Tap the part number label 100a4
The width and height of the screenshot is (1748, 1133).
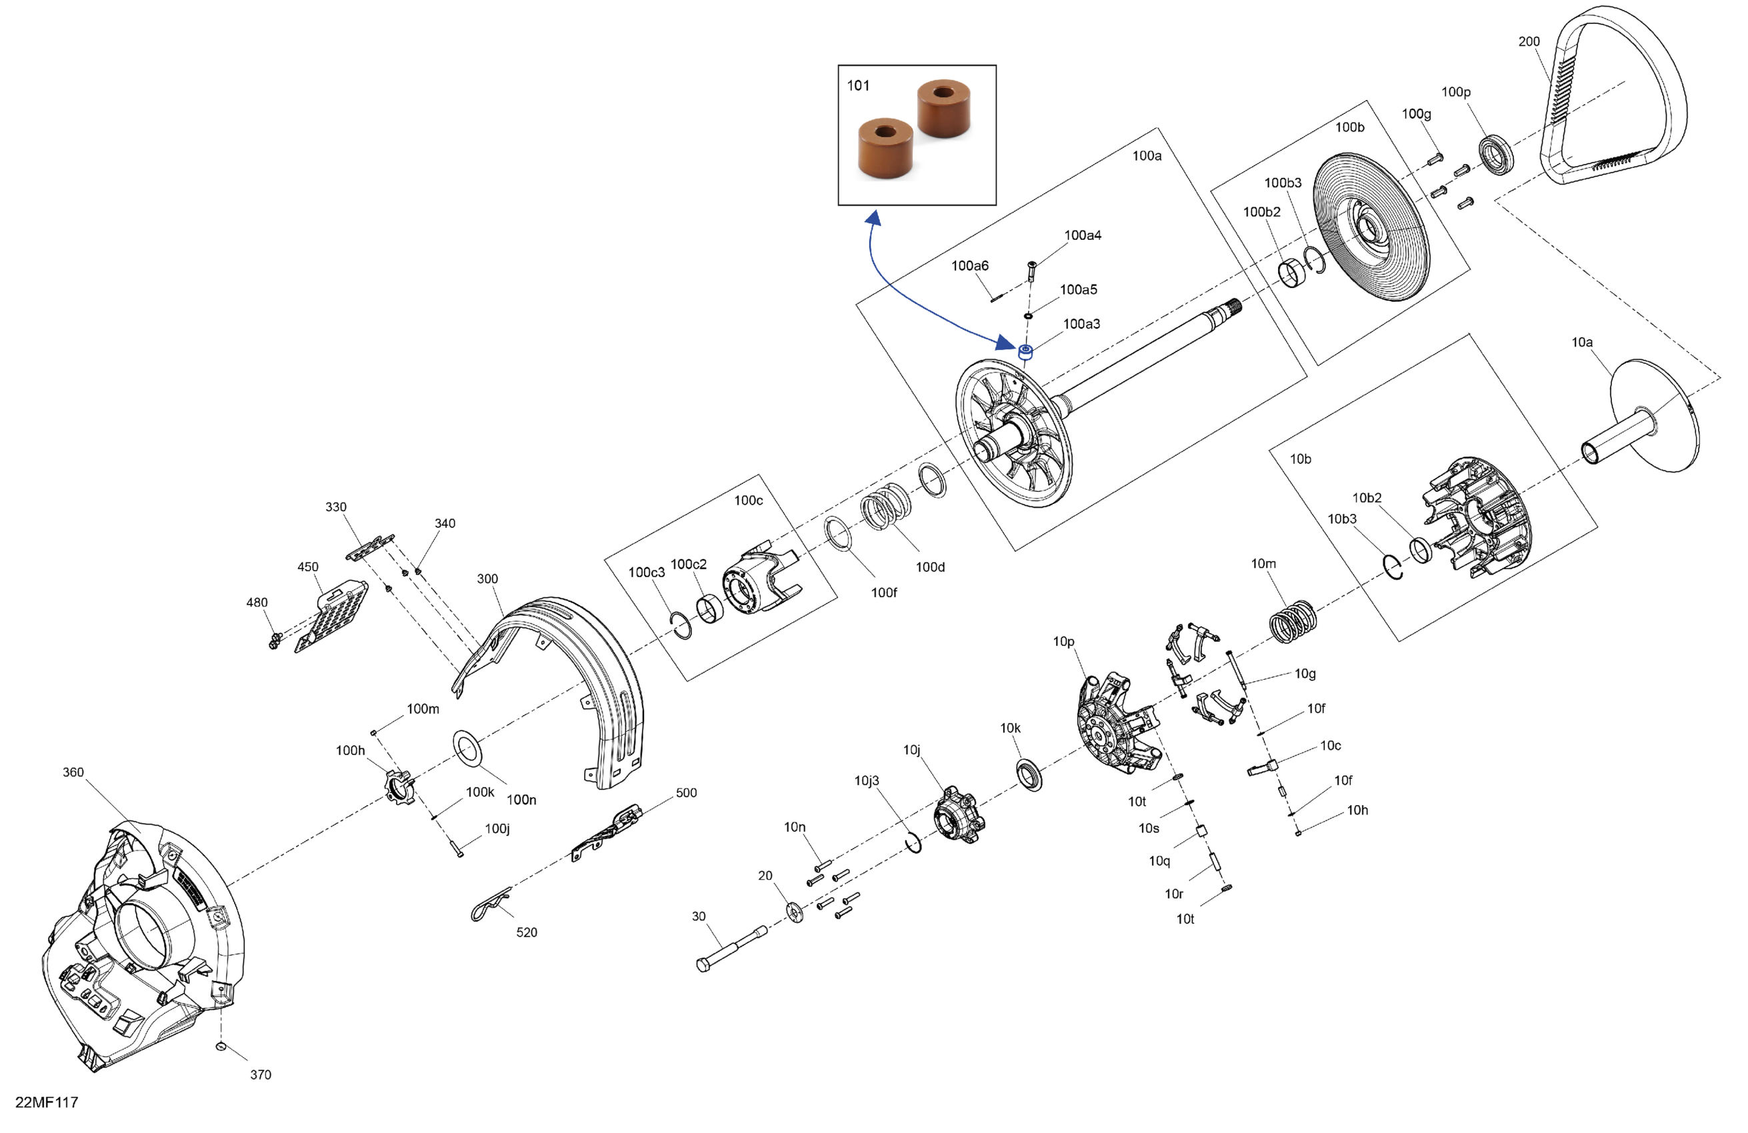tap(1082, 236)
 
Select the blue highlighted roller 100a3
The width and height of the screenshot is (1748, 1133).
tap(1026, 351)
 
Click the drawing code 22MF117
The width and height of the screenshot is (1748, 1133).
tap(46, 1102)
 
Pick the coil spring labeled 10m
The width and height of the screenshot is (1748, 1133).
tap(1293, 621)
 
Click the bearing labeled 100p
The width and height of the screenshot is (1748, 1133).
tap(1495, 155)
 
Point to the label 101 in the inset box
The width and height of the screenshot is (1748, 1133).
tap(858, 86)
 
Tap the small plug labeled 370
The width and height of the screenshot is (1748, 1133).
tap(221, 1046)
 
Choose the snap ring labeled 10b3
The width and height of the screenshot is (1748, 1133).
tap(1393, 566)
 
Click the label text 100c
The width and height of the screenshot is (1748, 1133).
tap(748, 501)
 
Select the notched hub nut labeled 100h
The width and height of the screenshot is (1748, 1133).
tap(399, 786)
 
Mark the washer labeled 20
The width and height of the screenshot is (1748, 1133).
tap(795, 912)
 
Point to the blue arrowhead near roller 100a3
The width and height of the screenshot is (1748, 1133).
tap(1005, 341)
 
